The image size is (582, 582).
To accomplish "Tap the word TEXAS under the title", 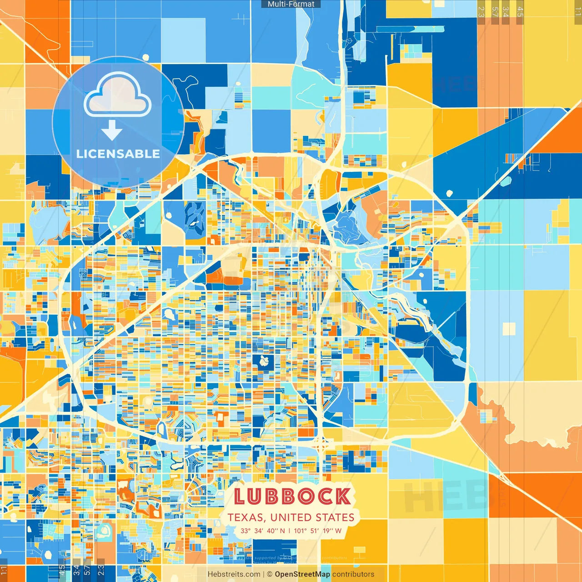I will (x=246, y=517).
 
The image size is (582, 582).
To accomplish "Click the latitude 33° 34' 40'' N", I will (x=263, y=531).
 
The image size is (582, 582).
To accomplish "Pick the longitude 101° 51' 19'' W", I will (x=317, y=531).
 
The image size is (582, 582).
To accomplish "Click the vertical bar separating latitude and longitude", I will (x=289, y=531).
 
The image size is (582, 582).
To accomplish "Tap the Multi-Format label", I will (x=291, y=4).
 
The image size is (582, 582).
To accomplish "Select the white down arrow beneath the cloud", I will (x=112, y=130).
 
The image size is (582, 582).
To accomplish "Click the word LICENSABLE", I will (x=118, y=154).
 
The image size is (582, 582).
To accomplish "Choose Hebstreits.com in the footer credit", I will (x=234, y=574).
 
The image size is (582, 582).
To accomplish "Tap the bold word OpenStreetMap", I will (x=302, y=574).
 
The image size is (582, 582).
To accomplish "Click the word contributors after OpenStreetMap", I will (x=353, y=574).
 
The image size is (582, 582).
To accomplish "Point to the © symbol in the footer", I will (x=270, y=574).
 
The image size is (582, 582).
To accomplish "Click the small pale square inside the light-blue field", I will (x=509, y=329).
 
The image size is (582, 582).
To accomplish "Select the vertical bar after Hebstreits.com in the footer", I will (x=264, y=574).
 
